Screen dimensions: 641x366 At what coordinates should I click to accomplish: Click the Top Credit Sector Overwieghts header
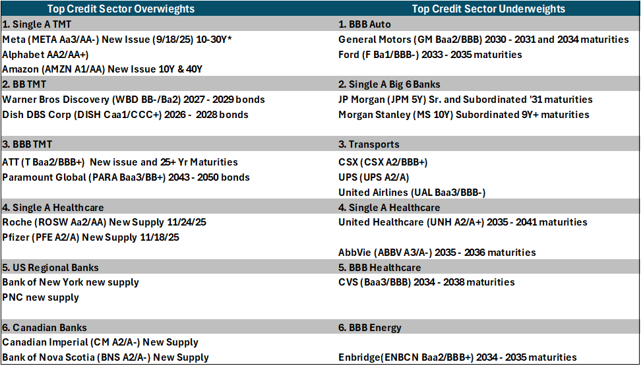pos(121,9)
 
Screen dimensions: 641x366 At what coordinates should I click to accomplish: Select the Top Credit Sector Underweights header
pos(489,9)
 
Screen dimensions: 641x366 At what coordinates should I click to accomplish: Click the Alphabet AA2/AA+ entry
pos(46,55)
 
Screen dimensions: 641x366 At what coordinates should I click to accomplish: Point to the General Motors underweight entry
pos(483,40)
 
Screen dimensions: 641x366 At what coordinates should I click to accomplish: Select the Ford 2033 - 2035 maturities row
pos(430,55)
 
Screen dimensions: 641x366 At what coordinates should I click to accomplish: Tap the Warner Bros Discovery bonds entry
pos(133,100)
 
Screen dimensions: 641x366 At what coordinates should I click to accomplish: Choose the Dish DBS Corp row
pos(125,115)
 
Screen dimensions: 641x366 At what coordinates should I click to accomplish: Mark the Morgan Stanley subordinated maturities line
pos(464,115)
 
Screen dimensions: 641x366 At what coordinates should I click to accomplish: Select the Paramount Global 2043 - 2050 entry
pos(126,177)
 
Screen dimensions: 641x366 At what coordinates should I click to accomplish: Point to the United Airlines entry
pos(412,193)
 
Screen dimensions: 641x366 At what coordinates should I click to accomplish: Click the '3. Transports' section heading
pos(369,145)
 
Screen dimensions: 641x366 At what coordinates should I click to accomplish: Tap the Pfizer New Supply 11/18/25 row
pos(91,237)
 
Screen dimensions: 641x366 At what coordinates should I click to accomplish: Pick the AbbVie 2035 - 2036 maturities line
pos(437,253)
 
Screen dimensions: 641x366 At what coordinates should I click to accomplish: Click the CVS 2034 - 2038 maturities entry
pos(427,282)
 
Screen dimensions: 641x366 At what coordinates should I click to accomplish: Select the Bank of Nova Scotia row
pos(106,357)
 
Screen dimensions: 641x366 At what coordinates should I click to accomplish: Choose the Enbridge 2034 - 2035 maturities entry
pos(458,357)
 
